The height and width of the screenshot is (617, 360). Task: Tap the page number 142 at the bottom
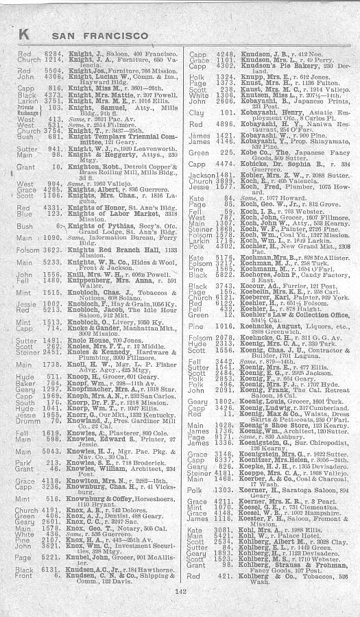(x=180, y=591)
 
